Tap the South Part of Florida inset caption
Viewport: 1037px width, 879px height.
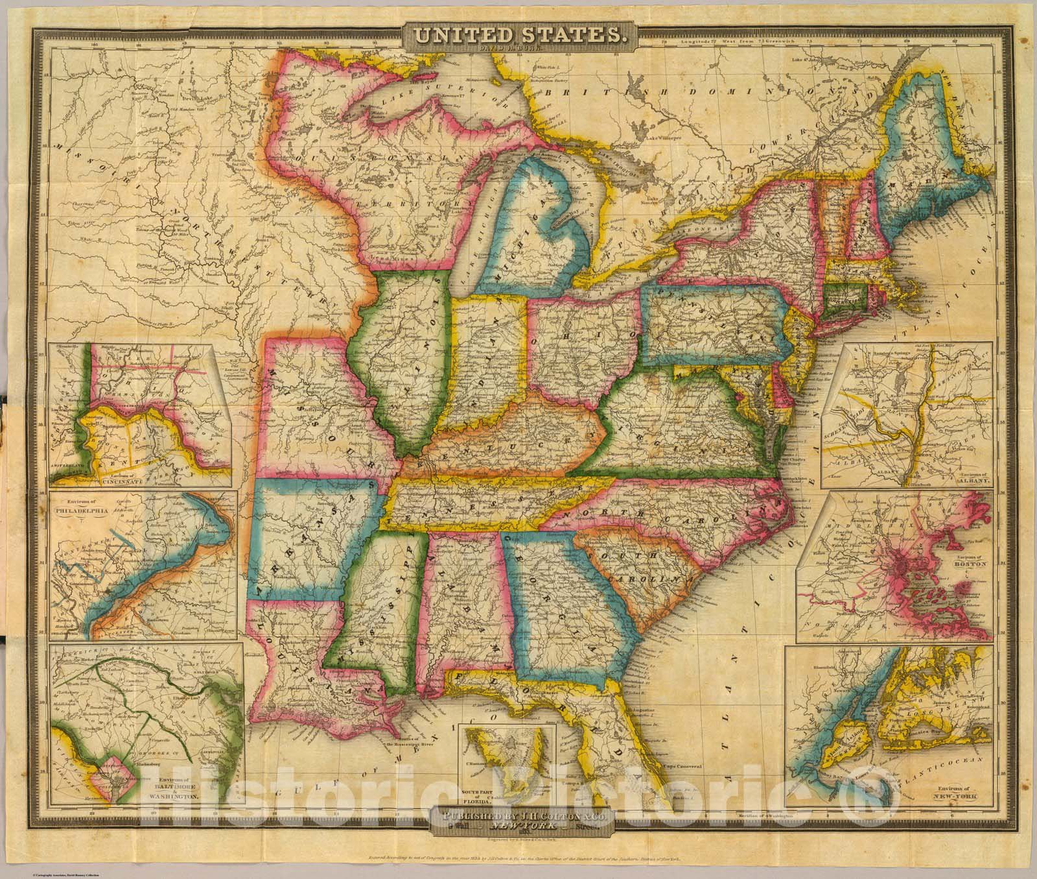pos(479,795)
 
